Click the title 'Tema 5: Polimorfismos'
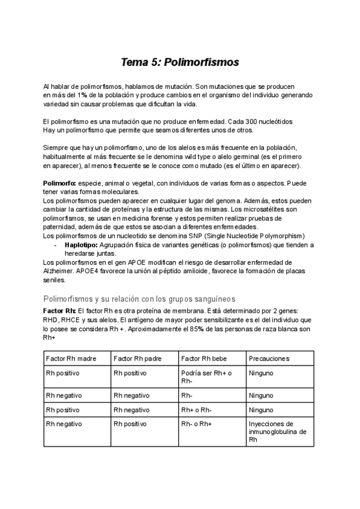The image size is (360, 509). click(x=180, y=62)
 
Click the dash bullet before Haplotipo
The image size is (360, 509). click(x=55, y=245)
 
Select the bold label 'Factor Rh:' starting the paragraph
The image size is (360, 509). click(x=60, y=312)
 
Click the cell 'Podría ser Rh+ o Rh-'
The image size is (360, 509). click(x=204, y=376)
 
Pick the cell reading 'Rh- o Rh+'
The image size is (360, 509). click(x=196, y=424)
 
